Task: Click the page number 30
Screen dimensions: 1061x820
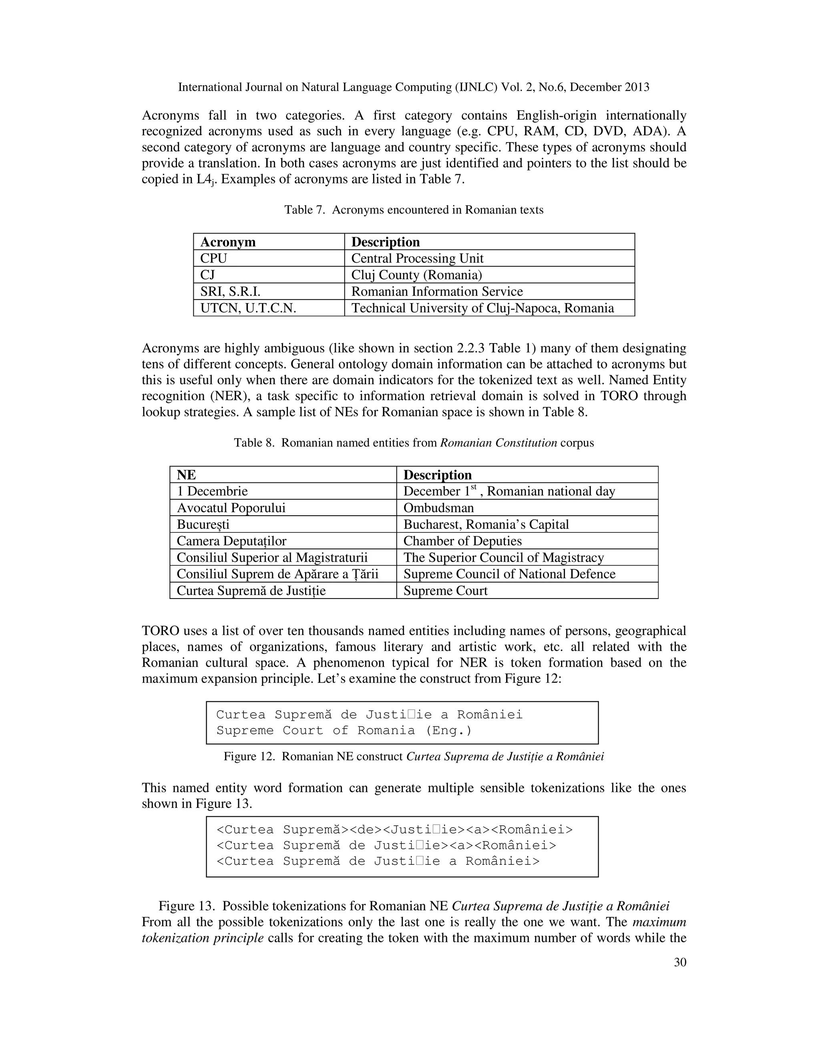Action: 679,963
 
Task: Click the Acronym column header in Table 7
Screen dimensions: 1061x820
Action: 227,242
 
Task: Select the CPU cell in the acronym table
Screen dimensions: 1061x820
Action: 213,259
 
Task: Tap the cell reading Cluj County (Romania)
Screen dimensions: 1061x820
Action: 416,275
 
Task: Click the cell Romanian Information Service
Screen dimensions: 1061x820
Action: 437,291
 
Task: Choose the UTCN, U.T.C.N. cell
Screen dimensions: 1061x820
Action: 248,308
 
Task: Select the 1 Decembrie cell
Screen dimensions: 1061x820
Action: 212,491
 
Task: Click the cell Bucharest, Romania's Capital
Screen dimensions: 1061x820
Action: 486,524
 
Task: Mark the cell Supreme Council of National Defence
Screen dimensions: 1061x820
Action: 509,574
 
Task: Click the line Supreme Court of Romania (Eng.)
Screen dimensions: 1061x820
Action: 344,731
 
